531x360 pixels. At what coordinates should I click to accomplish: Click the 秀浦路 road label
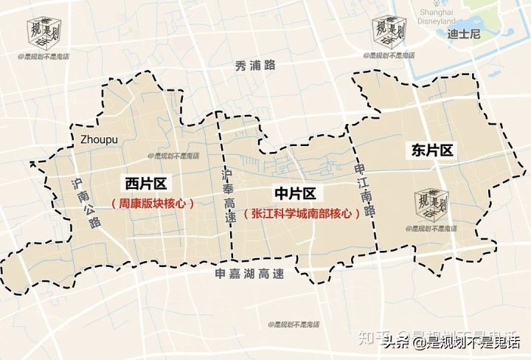256,65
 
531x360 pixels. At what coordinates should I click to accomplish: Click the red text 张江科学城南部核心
302,213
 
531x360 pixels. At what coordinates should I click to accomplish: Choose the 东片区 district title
431,150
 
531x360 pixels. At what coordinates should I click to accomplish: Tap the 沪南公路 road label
83,204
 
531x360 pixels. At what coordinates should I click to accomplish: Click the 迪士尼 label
464,34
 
